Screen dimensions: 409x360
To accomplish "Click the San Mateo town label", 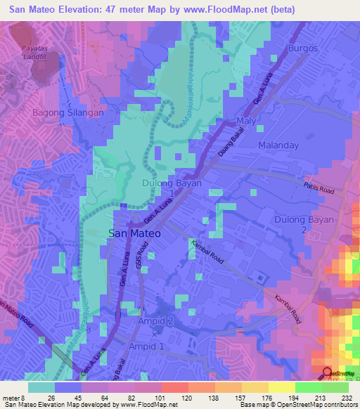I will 134,233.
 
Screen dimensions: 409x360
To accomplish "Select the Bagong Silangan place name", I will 69,112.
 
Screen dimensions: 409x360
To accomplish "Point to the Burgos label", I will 302,48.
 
